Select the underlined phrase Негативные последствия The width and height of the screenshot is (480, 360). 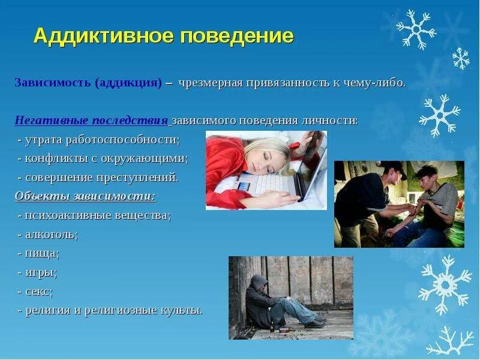pos(91,121)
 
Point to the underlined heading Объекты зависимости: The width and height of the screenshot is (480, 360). pos(85,196)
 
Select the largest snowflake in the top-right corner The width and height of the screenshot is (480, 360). pos(415,29)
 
